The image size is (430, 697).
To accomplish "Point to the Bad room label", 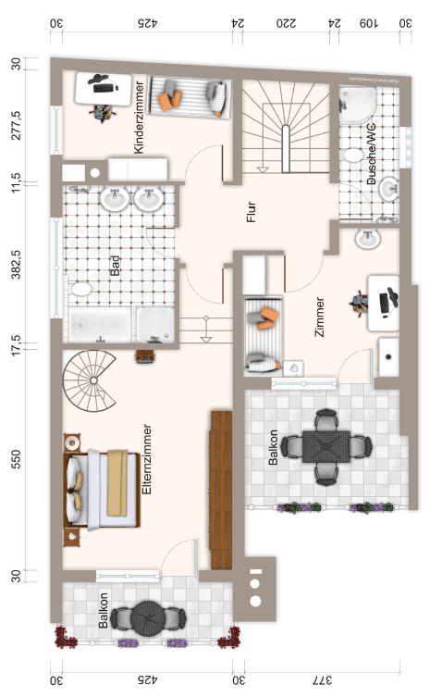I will (x=116, y=268).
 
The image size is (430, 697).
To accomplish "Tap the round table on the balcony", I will (x=149, y=616).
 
